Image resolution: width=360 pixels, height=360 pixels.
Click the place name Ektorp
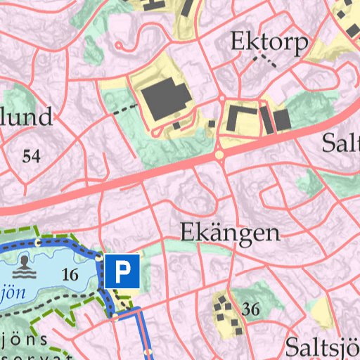pyautogui.click(x=269, y=44)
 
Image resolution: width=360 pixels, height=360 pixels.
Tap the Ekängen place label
pyautogui.click(x=230, y=233)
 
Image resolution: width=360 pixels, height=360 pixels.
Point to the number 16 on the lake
pyautogui.click(x=70, y=275)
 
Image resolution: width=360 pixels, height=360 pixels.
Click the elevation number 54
pyautogui.click(x=31, y=156)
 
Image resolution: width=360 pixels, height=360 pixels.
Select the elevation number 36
pyautogui.click(x=250, y=309)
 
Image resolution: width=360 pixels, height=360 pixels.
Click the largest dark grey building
pyautogui.click(x=165, y=100)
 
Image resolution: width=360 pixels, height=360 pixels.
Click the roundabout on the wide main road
pyautogui.click(x=219, y=153)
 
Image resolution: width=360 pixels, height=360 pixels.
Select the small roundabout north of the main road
pyautogui.click(x=221, y=99)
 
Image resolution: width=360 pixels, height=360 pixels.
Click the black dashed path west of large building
pyautogui.click(x=125, y=109)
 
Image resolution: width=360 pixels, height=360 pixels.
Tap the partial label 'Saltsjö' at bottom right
pyautogui.click(x=323, y=347)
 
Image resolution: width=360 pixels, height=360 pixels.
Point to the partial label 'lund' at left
pyautogui.click(x=26, y=117)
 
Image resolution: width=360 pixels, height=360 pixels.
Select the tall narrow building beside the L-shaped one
pyautogui.click(x=266, y=120)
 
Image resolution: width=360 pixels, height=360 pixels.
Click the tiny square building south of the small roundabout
pyautogui.click(x=212, y=124)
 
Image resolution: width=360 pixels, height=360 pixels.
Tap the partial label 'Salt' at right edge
pyautogui.click(x=340, y=143)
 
